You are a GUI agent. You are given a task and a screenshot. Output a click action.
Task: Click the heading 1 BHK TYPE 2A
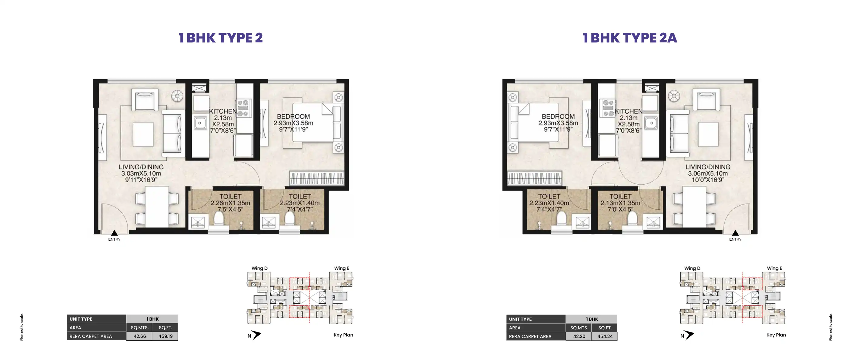point(630,38)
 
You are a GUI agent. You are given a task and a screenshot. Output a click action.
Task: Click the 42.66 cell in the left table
point(139,336)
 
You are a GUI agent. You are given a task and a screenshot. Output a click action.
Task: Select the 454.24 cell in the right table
point(605,337)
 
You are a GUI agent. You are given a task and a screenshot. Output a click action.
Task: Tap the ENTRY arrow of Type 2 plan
point(114,233)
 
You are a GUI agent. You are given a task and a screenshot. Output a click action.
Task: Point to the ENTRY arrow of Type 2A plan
point(735,233)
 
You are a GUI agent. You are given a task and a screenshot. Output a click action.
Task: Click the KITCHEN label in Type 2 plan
point(223,111)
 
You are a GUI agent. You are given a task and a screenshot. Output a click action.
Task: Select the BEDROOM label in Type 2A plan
point(558,117)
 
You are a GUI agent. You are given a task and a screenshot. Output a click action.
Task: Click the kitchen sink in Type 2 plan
point(200,123)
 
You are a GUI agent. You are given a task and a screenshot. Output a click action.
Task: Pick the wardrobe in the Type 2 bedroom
point(316,178)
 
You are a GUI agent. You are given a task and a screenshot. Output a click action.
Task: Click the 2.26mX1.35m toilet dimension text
point(230,203)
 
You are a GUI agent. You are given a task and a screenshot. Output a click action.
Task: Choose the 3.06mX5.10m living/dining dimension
point(708,173)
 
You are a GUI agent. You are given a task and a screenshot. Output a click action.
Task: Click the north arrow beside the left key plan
point(256,335)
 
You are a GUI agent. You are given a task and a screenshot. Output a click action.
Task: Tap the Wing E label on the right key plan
point(774,268)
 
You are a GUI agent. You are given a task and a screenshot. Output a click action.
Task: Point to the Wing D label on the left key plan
point(259,268)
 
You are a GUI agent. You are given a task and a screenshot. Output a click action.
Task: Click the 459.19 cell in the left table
point(165,336)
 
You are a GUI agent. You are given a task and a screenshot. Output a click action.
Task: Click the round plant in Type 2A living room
point(674,96)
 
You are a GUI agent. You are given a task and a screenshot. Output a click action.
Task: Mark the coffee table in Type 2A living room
point(708,135)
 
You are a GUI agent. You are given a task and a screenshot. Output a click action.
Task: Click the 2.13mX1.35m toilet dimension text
point(620,203)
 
